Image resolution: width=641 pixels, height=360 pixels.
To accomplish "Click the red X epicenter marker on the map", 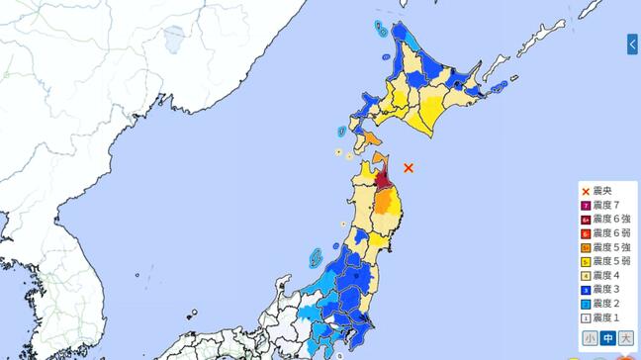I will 409,168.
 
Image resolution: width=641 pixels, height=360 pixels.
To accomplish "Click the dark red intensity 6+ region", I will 384,183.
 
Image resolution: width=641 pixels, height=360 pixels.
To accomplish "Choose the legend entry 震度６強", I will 607,219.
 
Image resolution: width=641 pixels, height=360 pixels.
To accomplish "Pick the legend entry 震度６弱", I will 607,233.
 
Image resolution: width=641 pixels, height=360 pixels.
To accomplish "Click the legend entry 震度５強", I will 607,247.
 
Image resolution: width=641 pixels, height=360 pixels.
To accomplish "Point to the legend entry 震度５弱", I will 607,262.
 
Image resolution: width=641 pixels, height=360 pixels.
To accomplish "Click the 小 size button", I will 590,338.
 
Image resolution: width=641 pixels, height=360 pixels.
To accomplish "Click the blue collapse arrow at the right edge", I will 633,45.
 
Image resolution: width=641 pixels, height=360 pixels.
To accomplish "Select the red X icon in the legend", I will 586,191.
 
